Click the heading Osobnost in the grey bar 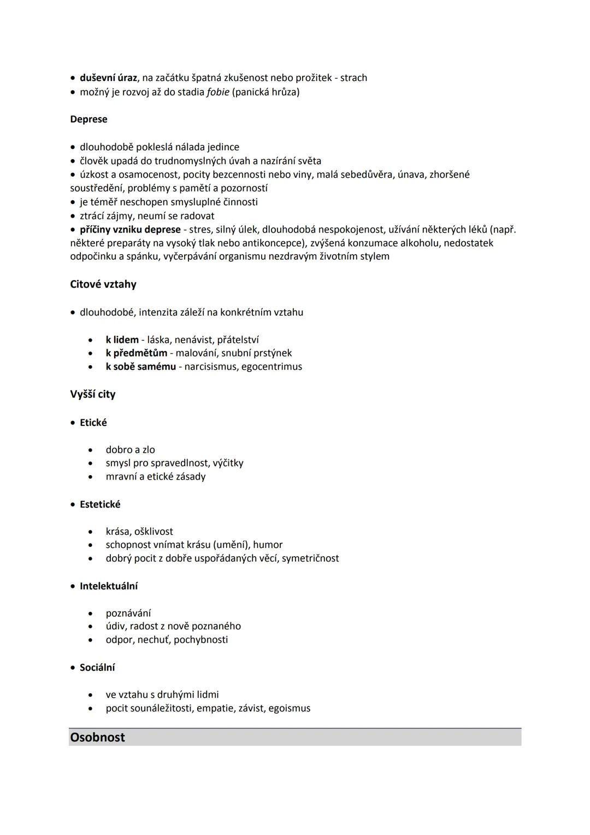[97, 737]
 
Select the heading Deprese [88, 119]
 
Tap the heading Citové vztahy [103, 284]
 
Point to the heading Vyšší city [93, 394]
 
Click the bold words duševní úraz [108, 78]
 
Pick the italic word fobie [218, 92]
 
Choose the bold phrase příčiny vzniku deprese [130, 229]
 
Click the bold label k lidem [122, 340]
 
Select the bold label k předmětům [137, 353]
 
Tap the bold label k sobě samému [141, 366]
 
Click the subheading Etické [93, 423]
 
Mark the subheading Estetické [100, 504]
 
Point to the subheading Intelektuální [109, 586]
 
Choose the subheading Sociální [97, 668]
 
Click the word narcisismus [210, 366]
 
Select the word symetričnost [310, 558]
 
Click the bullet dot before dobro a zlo [91, 450]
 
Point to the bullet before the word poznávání [91, 614]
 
